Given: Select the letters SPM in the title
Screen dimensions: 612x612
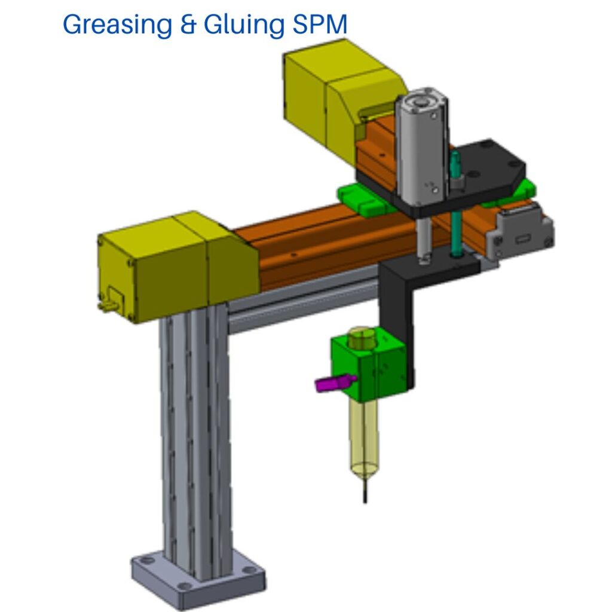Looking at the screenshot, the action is [x=320, y=24].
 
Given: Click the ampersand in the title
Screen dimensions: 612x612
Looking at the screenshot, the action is [x=188, y=25].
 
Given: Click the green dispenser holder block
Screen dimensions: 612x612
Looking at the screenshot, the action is [x=369, y=365].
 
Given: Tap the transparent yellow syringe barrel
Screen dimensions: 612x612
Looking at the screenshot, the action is [x=364, y=437].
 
